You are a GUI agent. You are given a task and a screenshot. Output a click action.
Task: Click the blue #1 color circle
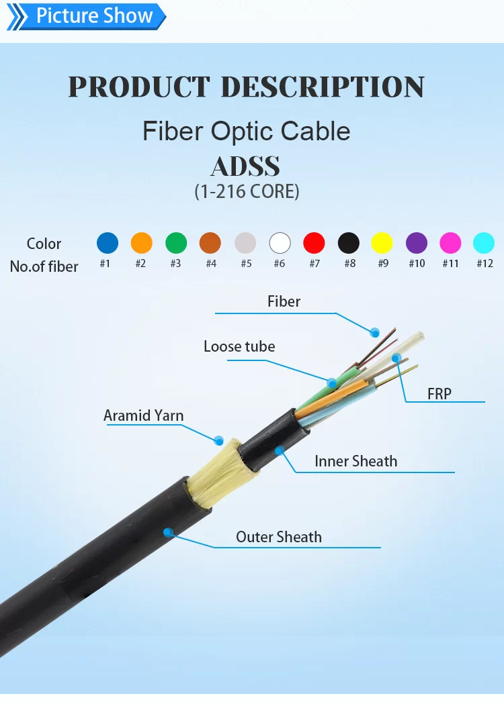(108, 243)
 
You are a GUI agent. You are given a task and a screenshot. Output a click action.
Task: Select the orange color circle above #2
(142, 243)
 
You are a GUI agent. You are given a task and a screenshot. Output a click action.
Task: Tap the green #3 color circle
(176, 243)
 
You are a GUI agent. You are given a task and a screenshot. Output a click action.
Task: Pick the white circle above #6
(280, 243)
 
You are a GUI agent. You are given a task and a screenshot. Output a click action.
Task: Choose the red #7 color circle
(314, 243)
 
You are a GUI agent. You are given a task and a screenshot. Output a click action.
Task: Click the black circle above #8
(349, 243)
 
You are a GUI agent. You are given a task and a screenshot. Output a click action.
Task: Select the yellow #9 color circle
(382, 243)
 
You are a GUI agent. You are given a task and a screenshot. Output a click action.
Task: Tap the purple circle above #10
(417, 243)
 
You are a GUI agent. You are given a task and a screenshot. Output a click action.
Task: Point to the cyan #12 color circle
(484, 243)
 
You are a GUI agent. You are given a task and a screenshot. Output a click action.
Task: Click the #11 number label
(450, 264)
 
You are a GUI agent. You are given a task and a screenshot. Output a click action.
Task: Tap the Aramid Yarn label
(143, 415)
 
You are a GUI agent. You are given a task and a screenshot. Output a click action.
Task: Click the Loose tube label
(239, 346)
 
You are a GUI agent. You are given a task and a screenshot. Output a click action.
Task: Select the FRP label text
(439, 394)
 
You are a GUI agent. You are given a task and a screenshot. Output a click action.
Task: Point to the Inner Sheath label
(355, 461)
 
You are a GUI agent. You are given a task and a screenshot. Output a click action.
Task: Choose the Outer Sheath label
(279, 537)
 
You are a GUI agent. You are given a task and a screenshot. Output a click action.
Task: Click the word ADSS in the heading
(245, 166)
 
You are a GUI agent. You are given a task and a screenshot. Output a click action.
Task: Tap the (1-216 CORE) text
(247, 191)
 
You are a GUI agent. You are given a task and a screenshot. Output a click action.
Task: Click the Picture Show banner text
(94, 15)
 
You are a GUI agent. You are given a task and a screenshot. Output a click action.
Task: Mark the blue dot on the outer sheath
(168, 532)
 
